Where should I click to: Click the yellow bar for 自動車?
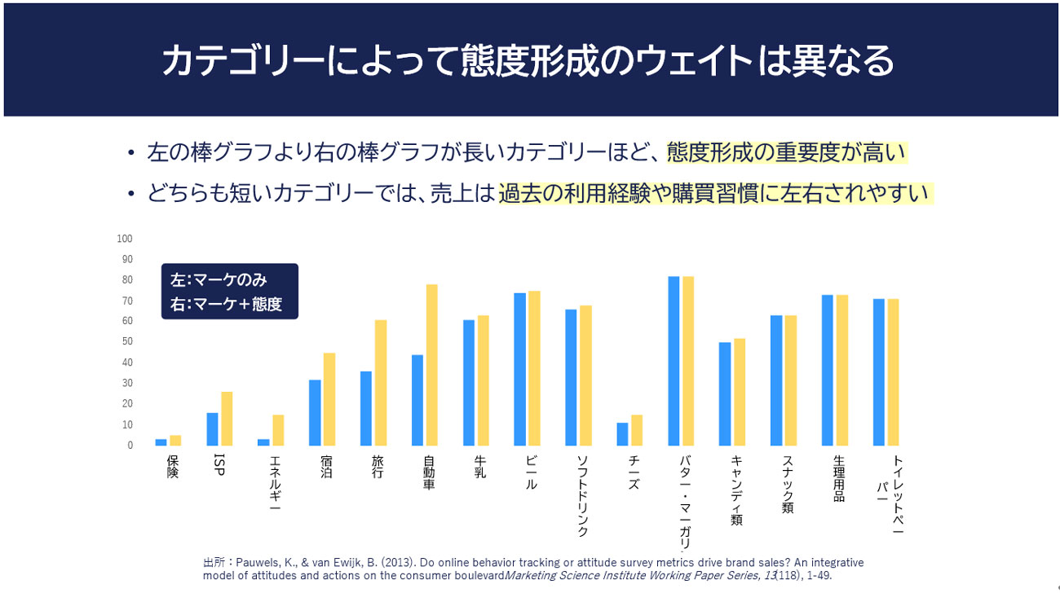coord(432,365)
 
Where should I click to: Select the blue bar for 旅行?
coord(366,408)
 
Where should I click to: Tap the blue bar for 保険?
coord(161,442)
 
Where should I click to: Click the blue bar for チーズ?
coord(622,434)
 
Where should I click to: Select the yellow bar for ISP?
coord(227,419)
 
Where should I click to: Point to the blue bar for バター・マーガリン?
coord(674,361)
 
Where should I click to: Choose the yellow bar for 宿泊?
coord(329,399)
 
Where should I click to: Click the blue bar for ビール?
coord(519,369)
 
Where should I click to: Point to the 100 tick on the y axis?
coord(125,239)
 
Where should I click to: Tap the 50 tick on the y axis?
coord(127,342)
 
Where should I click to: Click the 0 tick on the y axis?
coord(130,446)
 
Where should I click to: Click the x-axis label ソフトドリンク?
coord(582,496)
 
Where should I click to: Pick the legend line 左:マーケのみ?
coord(219,279)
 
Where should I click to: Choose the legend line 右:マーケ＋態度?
coord(226,305)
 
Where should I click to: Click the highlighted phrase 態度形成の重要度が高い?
coord(787,152)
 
